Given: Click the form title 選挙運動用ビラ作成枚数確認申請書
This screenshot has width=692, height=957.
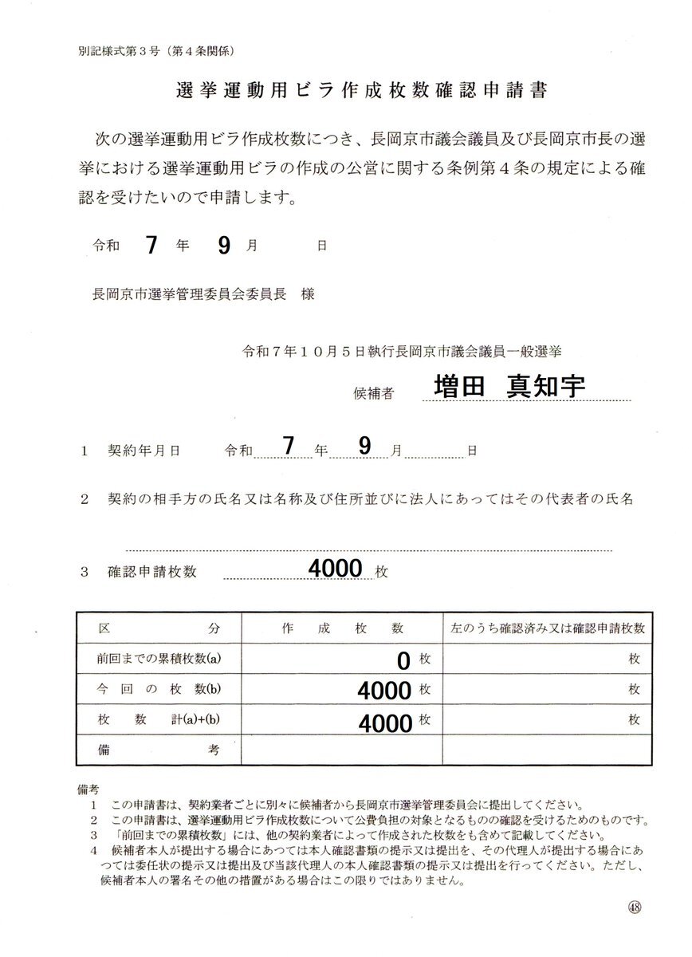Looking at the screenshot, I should coord(361,90).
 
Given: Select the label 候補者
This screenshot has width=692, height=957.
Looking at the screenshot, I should coord(372,392).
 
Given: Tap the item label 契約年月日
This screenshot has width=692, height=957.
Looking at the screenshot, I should coord(144,451).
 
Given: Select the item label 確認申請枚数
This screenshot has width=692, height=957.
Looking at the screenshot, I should coord(151,572).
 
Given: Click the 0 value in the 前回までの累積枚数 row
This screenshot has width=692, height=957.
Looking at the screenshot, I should coord(403,660).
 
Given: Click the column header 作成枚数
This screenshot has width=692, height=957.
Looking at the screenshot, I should coord(343,628).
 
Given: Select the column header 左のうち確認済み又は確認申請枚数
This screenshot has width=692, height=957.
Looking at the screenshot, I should coord(547,628).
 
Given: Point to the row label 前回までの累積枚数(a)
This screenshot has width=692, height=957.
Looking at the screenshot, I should coord(158,659).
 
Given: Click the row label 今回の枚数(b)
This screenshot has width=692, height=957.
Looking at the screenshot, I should coord(158,689).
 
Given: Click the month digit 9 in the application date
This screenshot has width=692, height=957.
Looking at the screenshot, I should coord(224,245).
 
